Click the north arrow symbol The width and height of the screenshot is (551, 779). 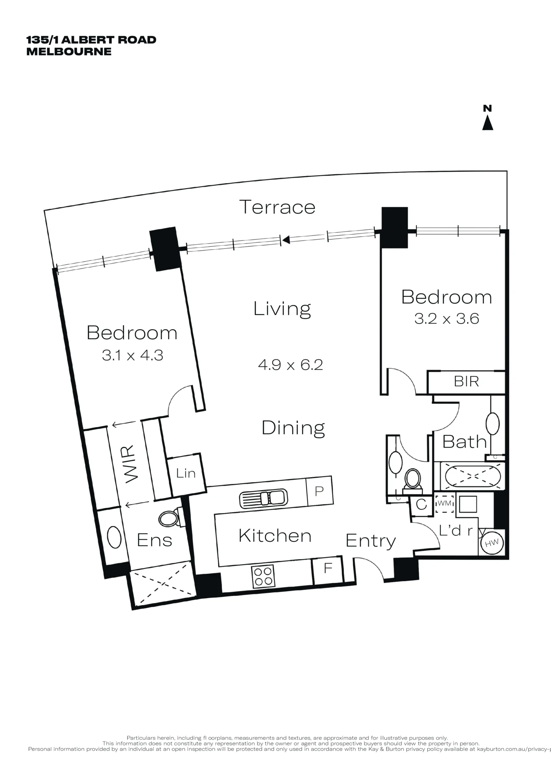click(487, 118)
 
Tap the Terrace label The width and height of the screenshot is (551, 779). click(277, 207)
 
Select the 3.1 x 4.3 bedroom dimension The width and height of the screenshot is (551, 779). click(132, 355)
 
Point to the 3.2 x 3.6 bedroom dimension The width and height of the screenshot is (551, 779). click(447, 319)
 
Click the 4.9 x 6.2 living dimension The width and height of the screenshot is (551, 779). click(290, 365)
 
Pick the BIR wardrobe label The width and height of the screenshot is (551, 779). click(466, 381)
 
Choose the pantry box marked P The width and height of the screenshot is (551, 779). click(320, 491)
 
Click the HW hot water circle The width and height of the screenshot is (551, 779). click(491, 543)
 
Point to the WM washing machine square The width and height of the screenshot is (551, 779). click(445, 503)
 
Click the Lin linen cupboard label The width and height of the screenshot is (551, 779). click(185, 473)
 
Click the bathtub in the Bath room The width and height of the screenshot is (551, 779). click(472, 476)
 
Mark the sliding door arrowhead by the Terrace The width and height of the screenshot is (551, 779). click(286, 240)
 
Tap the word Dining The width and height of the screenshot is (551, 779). click(293, 428)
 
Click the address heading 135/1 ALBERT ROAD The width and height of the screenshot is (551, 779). click(91, 40)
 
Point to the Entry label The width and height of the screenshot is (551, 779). click(371, 541)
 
